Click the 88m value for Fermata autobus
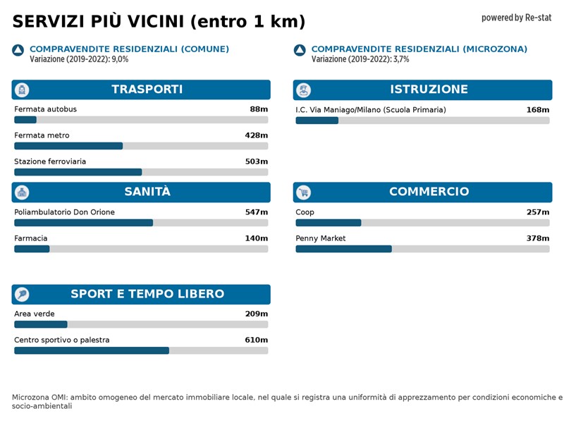click(259, 109)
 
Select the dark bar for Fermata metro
click(68, 146)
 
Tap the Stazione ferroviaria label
click(50, 161)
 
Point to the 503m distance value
click(256, 161)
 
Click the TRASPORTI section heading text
click(147, 90)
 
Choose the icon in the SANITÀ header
click(22, 192)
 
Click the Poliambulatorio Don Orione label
click(64, 212)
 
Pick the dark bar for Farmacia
click(32, 249)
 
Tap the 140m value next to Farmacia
click(256, 238)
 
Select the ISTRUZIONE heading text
click(429, 90)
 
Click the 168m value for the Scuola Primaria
click(537, 110)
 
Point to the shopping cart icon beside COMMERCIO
click(304, 192)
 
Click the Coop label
click(305, 212)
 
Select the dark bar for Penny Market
click(343, 249)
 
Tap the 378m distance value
click(537, 238)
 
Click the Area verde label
click(34, 314)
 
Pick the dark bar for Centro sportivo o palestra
click(92, 350)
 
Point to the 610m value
click(256, 340)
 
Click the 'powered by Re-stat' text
click(516, 18)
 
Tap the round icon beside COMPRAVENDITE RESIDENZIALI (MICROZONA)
click(300, 50)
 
